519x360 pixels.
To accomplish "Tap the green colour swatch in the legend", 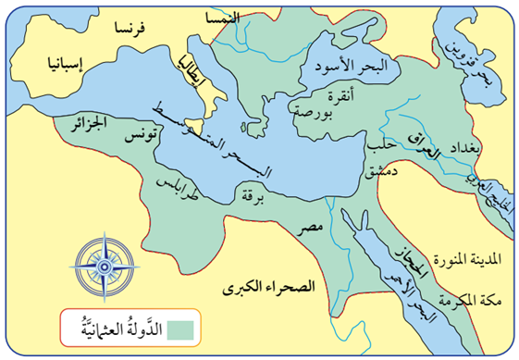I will coord(180,326).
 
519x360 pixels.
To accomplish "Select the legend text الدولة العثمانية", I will coord(116,325).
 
